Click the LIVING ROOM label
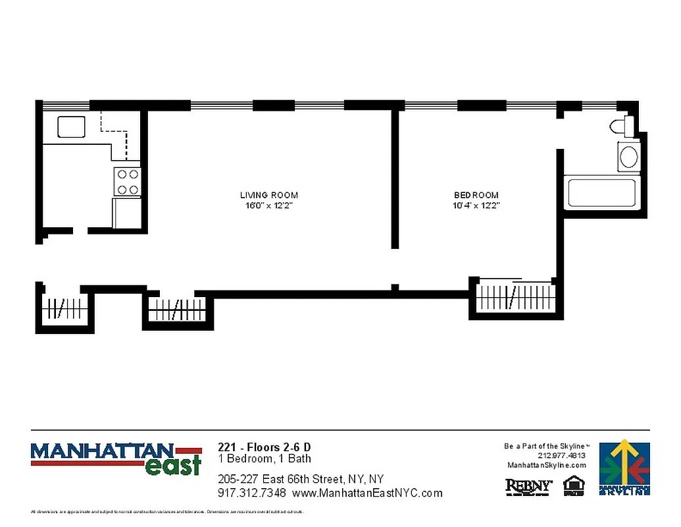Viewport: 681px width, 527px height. pos(268,195)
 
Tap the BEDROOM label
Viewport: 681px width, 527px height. pos(476,195)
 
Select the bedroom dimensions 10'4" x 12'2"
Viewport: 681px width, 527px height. pos(477,206)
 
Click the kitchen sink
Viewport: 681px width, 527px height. pos(71,126)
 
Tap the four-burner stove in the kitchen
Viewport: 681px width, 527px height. pos(128,182)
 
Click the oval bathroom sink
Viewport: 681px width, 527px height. pos(629,157)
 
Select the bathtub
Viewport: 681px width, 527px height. pos(602,192)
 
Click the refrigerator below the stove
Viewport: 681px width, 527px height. pos(128,213)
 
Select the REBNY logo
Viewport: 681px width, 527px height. pos(528,487)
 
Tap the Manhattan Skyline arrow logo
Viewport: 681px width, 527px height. pos(624,466)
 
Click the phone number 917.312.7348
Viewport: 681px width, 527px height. pos(251,493)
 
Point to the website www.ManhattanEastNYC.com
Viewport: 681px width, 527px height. pos(367,493)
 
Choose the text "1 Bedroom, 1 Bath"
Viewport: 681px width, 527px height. pos(265,458)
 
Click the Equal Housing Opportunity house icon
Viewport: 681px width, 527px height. pos(574,485)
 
